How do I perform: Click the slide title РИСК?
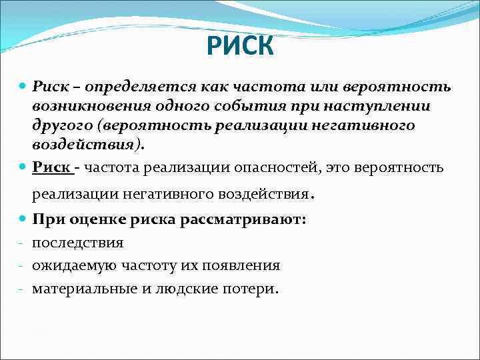click(x=239, y=47)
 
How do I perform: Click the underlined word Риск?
click(x=52, y=169)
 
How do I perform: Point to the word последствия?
click(x=77, y=243)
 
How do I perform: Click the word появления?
click(x=238, y=265)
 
